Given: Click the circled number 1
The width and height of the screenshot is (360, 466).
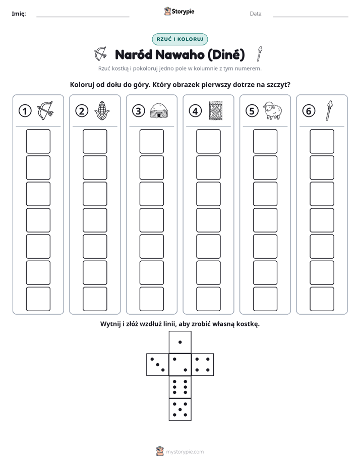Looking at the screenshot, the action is [25, 111].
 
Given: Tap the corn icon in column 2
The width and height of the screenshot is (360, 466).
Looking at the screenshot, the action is [102, 110].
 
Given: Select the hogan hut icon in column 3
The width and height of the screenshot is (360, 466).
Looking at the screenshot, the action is [159, 110].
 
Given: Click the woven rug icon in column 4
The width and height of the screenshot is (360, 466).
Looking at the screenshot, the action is [215, 111].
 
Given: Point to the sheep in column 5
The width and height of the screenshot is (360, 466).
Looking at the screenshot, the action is [272, 110].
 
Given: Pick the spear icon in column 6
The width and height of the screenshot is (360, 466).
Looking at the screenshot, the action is [329, 110].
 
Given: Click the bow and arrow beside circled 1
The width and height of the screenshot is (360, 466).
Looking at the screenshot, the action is [45, 110].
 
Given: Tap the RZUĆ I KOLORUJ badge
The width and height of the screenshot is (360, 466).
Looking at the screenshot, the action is [179, 39].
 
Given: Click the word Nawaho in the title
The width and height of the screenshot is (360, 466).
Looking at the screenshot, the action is [179, 54].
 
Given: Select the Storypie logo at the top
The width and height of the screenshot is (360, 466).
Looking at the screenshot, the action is [179, 12].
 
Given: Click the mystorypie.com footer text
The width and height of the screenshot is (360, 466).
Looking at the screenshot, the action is [185, 452].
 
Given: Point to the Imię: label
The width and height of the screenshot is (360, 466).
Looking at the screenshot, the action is [19, 14].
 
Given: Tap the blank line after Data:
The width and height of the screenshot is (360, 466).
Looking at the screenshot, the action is [311, 17].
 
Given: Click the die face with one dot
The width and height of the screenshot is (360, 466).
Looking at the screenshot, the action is [180, 342].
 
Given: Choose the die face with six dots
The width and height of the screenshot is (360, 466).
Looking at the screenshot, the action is [180, 387].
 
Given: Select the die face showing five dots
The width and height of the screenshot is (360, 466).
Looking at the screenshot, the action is [180, 410].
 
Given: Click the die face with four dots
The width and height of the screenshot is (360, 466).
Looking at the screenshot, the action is [203, 365].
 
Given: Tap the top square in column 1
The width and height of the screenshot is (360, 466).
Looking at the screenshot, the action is [38, 141].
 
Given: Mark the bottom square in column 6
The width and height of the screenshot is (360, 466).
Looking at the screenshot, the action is [322, 299].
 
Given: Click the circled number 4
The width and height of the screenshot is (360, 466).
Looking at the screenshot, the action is [195, 111].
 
